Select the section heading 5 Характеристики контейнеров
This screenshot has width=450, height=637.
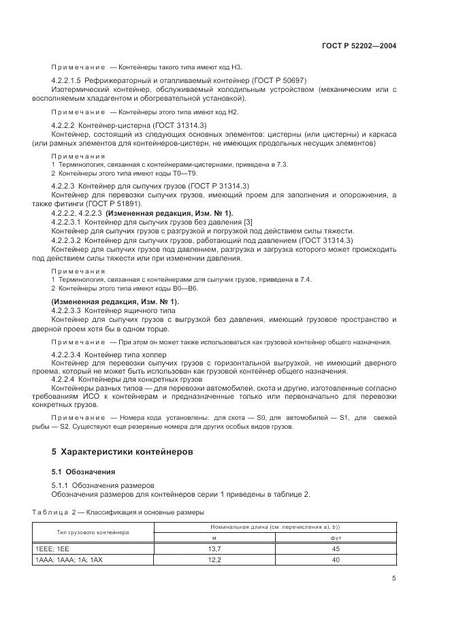tap(123, 451)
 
